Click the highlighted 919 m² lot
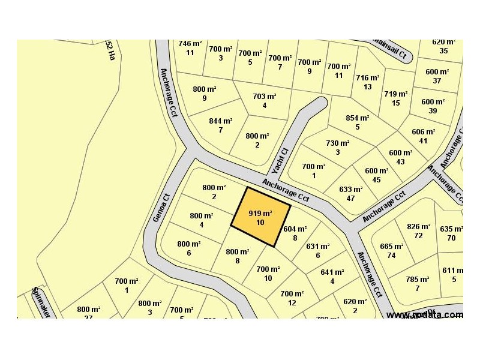point(260,217)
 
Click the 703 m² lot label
point(264,100)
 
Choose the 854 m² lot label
point(357,122)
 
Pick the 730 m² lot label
point(337,147)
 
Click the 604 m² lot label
point(295,232)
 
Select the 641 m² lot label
point(332,276)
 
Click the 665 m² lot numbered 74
point(391,250)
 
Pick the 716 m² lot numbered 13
point(367,82)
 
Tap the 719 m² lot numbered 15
point(396,98)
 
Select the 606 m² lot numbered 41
point(424,136)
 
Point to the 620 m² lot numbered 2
point(355,305)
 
